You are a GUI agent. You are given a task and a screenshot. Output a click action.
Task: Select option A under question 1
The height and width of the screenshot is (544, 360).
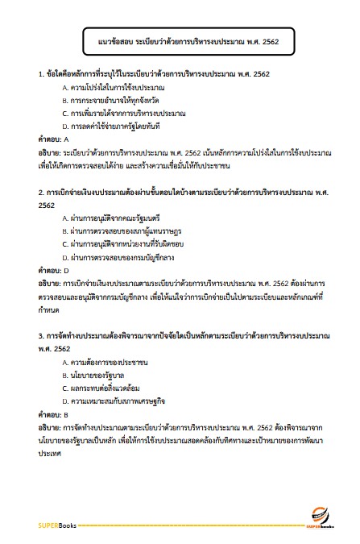(x=113, y=86)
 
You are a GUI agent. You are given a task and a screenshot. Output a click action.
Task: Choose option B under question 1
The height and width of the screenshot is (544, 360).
(x=110, y=100)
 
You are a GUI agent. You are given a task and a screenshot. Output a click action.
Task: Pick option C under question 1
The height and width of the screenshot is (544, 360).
(x=117, y=114)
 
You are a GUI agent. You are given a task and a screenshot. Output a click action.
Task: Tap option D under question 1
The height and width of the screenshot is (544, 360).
(x=116, y=127)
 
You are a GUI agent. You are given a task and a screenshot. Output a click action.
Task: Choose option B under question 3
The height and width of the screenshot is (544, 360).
(x=97, y=376)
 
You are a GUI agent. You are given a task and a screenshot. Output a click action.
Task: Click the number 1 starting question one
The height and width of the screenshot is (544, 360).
(x=40, y=73)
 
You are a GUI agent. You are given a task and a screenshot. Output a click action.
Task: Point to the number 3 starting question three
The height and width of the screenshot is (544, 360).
(x=40, y=337)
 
